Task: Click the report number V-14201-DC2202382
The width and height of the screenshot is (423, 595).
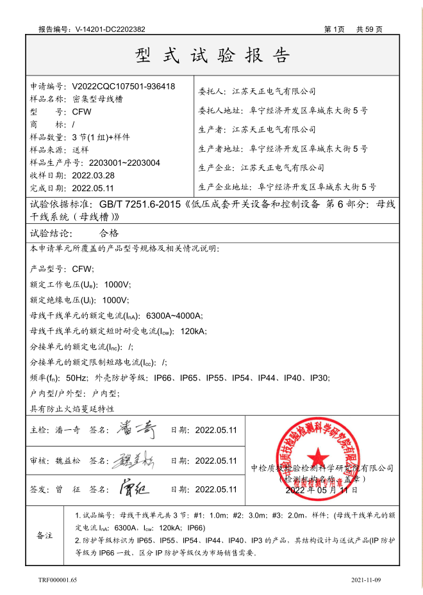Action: click(110, 29)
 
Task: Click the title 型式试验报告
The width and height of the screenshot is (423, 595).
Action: click(212, 56)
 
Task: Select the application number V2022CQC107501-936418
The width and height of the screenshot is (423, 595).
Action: click(124, 86)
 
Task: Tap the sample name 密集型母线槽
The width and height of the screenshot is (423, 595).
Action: click(98, 99)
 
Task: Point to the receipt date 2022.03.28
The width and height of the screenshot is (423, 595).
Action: click(93, 175)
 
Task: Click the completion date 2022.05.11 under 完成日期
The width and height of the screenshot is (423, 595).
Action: click(93, 188)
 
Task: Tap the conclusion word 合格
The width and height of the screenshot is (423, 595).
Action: click(110, 234)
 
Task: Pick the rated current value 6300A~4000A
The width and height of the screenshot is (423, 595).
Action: click(174, 315)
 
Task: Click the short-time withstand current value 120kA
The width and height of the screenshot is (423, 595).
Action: click(194, 331)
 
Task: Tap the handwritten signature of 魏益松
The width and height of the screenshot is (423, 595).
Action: click(135, 460)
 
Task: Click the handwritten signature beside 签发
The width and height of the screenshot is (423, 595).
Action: click(134, 489)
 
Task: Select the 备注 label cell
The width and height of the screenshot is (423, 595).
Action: click(45, 534)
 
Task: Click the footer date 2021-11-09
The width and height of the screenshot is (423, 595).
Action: click(366, 580)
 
